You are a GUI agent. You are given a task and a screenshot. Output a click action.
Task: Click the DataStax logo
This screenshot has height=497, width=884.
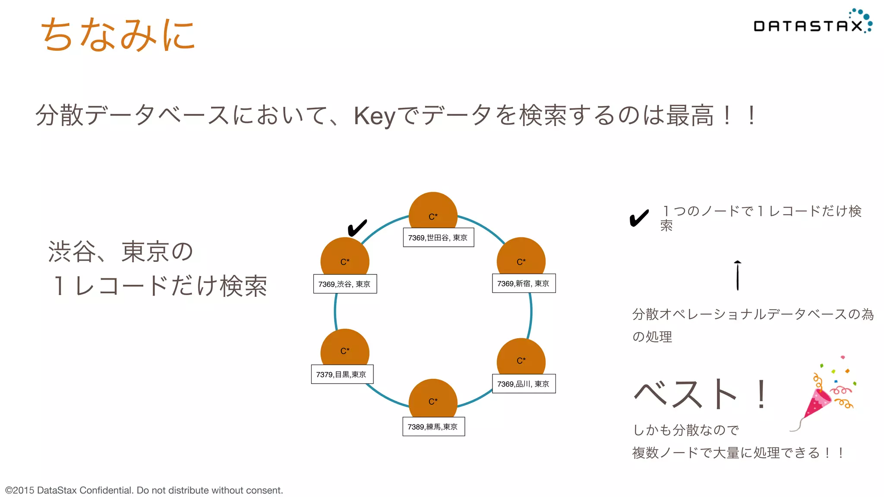[811, 24]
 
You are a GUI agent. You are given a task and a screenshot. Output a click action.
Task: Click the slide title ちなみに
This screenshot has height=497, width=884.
[118, 35]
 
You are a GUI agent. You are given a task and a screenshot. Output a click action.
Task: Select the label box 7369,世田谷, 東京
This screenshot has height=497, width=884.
[438, 238]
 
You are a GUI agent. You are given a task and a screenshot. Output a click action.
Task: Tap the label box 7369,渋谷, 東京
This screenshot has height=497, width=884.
[345, 284]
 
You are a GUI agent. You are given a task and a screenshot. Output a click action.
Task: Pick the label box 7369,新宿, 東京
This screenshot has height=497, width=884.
[524, 283]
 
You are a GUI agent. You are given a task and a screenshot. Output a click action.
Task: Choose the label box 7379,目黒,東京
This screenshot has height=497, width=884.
[342, 374]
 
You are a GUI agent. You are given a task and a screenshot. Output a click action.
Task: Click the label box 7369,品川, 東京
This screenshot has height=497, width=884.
[524, 384]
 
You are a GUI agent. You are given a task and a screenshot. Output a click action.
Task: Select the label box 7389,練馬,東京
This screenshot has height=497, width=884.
[433, 427]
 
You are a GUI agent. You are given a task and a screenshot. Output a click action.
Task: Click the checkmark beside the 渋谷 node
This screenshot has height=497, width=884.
[357, 227]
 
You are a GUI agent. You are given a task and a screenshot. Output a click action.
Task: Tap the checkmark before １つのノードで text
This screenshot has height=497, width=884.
[639, 218]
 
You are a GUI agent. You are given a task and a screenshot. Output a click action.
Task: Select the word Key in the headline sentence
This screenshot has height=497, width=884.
[374, 116]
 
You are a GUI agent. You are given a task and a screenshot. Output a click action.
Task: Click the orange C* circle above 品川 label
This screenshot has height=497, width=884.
[521, 357]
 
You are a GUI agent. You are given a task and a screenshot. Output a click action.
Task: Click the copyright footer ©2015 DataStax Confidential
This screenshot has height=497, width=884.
[144, 490]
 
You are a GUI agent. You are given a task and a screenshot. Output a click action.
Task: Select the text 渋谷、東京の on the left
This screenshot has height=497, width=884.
[120, 252]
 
